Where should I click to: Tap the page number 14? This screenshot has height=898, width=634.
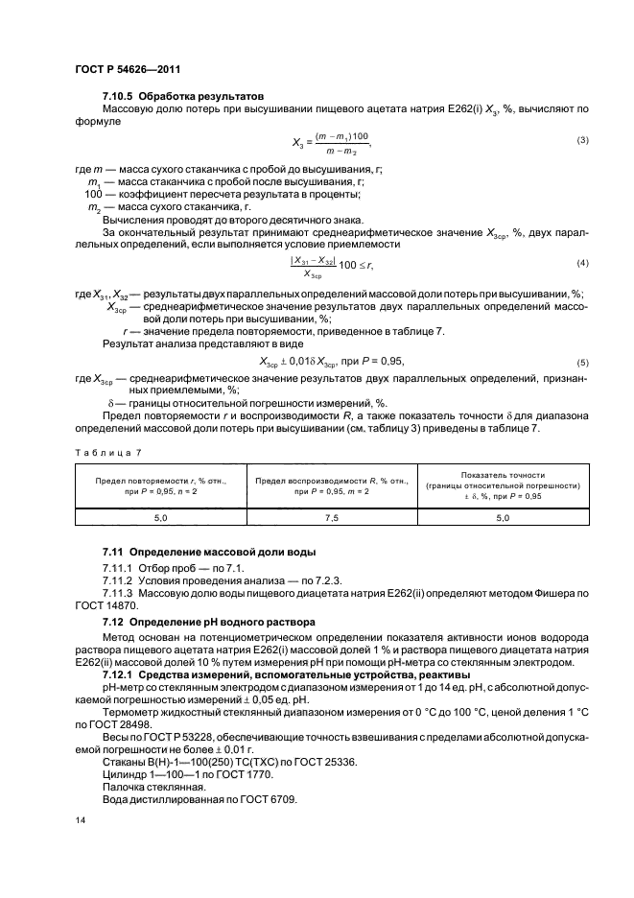tap(80, 820)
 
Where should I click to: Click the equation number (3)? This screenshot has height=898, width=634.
tap(581, 141)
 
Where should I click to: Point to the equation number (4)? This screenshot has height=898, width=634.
tap(581, 263)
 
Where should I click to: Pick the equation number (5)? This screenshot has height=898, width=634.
tap(581, 363)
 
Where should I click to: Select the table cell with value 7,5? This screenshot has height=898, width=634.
tap(331, 517)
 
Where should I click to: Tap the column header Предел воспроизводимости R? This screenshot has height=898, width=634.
tap(331, 484)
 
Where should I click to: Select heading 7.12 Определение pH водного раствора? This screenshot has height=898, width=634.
tap(210, 623)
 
